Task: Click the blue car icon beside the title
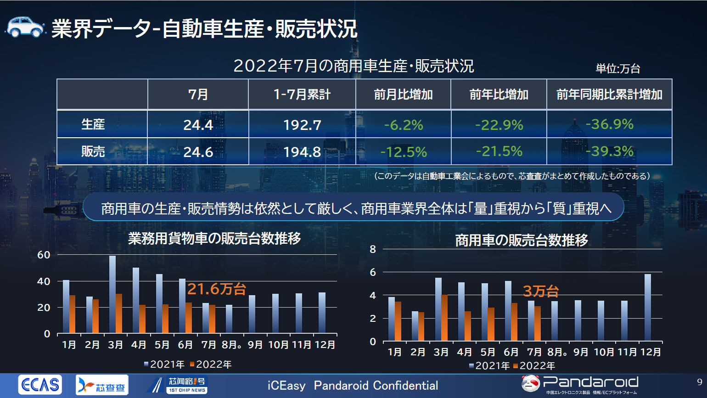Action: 25,27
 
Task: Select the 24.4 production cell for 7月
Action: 198,125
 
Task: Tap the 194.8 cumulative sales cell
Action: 302,152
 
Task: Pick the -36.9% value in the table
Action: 609,124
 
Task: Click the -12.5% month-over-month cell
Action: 404,152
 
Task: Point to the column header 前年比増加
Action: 499,95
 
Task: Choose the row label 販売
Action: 93,151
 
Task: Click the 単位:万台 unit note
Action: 617,69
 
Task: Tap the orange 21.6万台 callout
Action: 217,289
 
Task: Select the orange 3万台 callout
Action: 541,291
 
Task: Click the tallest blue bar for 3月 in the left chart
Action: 112,294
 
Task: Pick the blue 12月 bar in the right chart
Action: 647,308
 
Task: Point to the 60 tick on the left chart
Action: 44,255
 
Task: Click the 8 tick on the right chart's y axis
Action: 373,249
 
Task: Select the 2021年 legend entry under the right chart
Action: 489,366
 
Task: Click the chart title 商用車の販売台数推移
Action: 522,240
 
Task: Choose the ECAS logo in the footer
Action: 40,385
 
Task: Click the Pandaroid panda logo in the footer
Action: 531,383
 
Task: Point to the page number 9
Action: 699,382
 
